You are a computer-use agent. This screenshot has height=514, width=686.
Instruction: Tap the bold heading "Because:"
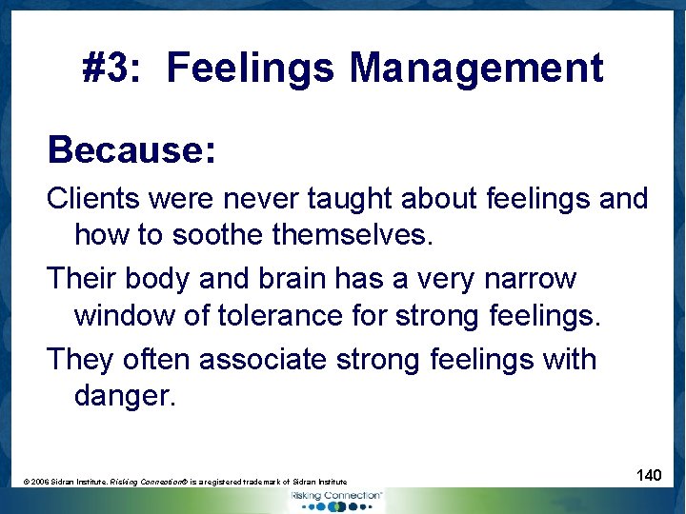tap(131, 149)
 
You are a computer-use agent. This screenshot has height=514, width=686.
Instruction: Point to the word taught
tap(353, 199)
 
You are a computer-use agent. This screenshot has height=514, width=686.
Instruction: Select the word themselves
tap(355, 234)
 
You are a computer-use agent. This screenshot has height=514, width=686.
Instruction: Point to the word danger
tap(125, 395)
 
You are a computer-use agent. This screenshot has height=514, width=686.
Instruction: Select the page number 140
tap(649, 474)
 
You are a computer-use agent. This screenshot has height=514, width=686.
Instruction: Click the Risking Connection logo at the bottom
tap(335, 499)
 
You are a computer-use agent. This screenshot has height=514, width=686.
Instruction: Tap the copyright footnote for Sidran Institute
tap(185, 483)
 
